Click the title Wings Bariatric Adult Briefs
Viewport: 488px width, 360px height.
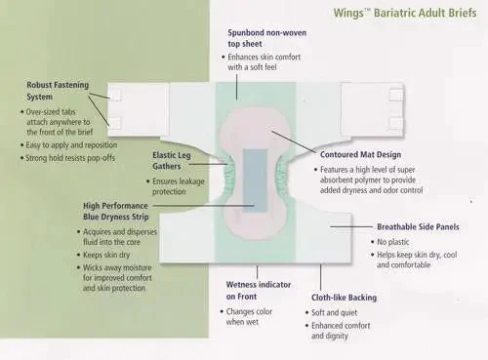(405, 14)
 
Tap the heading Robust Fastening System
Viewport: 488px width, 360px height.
(58, 91)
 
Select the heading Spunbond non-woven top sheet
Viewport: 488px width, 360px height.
(266, 38)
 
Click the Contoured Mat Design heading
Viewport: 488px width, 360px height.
(360, 155)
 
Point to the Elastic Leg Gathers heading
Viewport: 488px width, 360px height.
(172, 161)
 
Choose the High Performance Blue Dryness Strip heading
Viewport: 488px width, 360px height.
(116, 212)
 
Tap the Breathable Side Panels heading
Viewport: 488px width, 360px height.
(418, 227)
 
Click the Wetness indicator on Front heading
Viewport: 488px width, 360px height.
(259, 291)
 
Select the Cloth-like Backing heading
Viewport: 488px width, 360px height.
(345, 298)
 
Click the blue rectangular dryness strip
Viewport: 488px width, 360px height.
(255, 180)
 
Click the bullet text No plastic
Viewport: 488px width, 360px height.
(393, 242)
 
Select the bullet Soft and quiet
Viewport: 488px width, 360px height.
(334, 312)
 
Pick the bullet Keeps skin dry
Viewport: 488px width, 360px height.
(106, 255)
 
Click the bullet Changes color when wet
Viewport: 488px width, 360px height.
(249, 316)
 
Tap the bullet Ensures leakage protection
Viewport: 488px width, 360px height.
(179, 186)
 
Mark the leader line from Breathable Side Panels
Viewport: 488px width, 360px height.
(351, 226)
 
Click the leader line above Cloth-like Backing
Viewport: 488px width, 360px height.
(320, 277)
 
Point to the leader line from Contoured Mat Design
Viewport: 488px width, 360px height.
(294, 141)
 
